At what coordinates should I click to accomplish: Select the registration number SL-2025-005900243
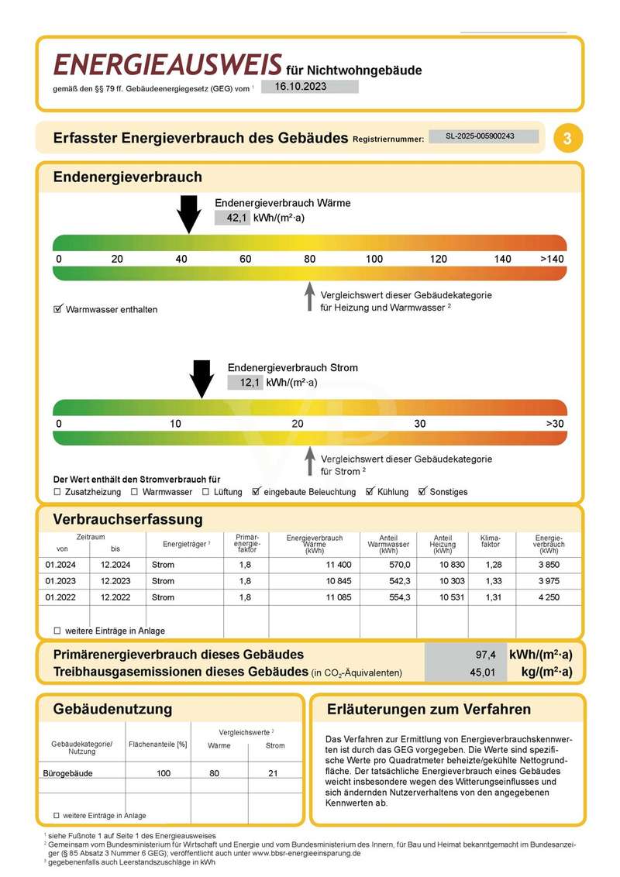[x=483, y=136]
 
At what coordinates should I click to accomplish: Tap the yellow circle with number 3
[x=568, y=139]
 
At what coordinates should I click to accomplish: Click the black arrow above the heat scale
[x=188, y=214]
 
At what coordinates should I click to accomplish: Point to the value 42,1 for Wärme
[x=236, y=218]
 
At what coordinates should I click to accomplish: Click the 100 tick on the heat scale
[x=374, y=259]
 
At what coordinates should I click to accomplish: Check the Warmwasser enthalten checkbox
[x=57, y=309]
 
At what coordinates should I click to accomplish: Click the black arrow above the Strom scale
[x=201, y=379]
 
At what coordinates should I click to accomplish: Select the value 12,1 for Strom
[x=249, y=382]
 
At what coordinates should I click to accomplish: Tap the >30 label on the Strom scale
[x=555, y=424]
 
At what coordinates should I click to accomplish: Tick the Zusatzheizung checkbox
[x=57, y=492]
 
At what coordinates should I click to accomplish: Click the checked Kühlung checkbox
[x=370, y=492]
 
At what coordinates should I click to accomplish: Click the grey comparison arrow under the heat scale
[x=309, y=297]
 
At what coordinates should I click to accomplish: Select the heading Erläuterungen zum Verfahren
[x=429, y=709]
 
